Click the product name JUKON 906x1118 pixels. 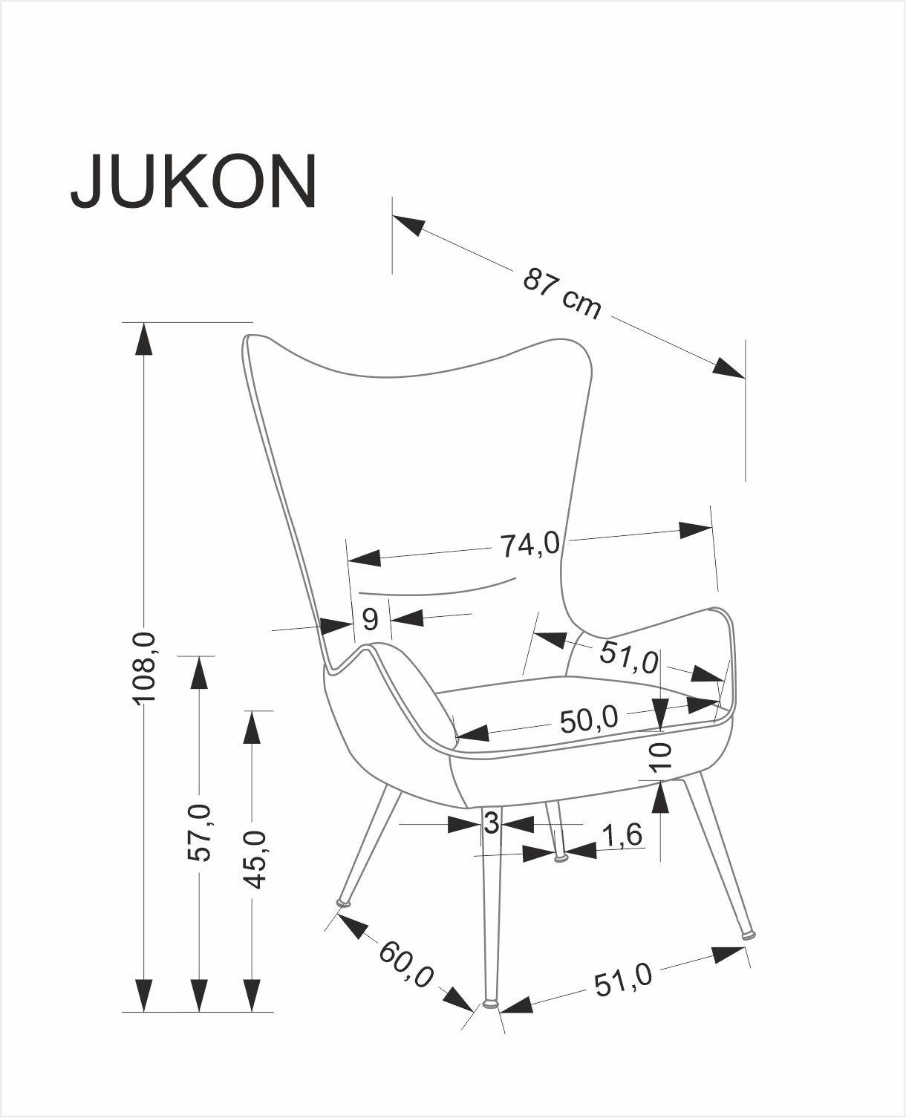pos(194,182)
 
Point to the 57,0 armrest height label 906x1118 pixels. pos(199,831)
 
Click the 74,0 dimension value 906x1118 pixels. pos(529,545)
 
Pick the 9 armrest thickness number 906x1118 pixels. pos(370,618)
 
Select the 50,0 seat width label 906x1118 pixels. pos(589,719)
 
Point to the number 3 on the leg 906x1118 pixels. pos(490,823)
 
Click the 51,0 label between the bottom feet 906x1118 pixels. pos(622,979)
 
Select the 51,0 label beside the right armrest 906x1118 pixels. pos(629,656)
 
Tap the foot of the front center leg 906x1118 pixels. pos(490,1004)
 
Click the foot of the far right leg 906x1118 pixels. pos(749,935)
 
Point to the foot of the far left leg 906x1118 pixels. pos(343,903)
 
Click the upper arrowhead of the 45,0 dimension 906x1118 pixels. pos(253,727)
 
